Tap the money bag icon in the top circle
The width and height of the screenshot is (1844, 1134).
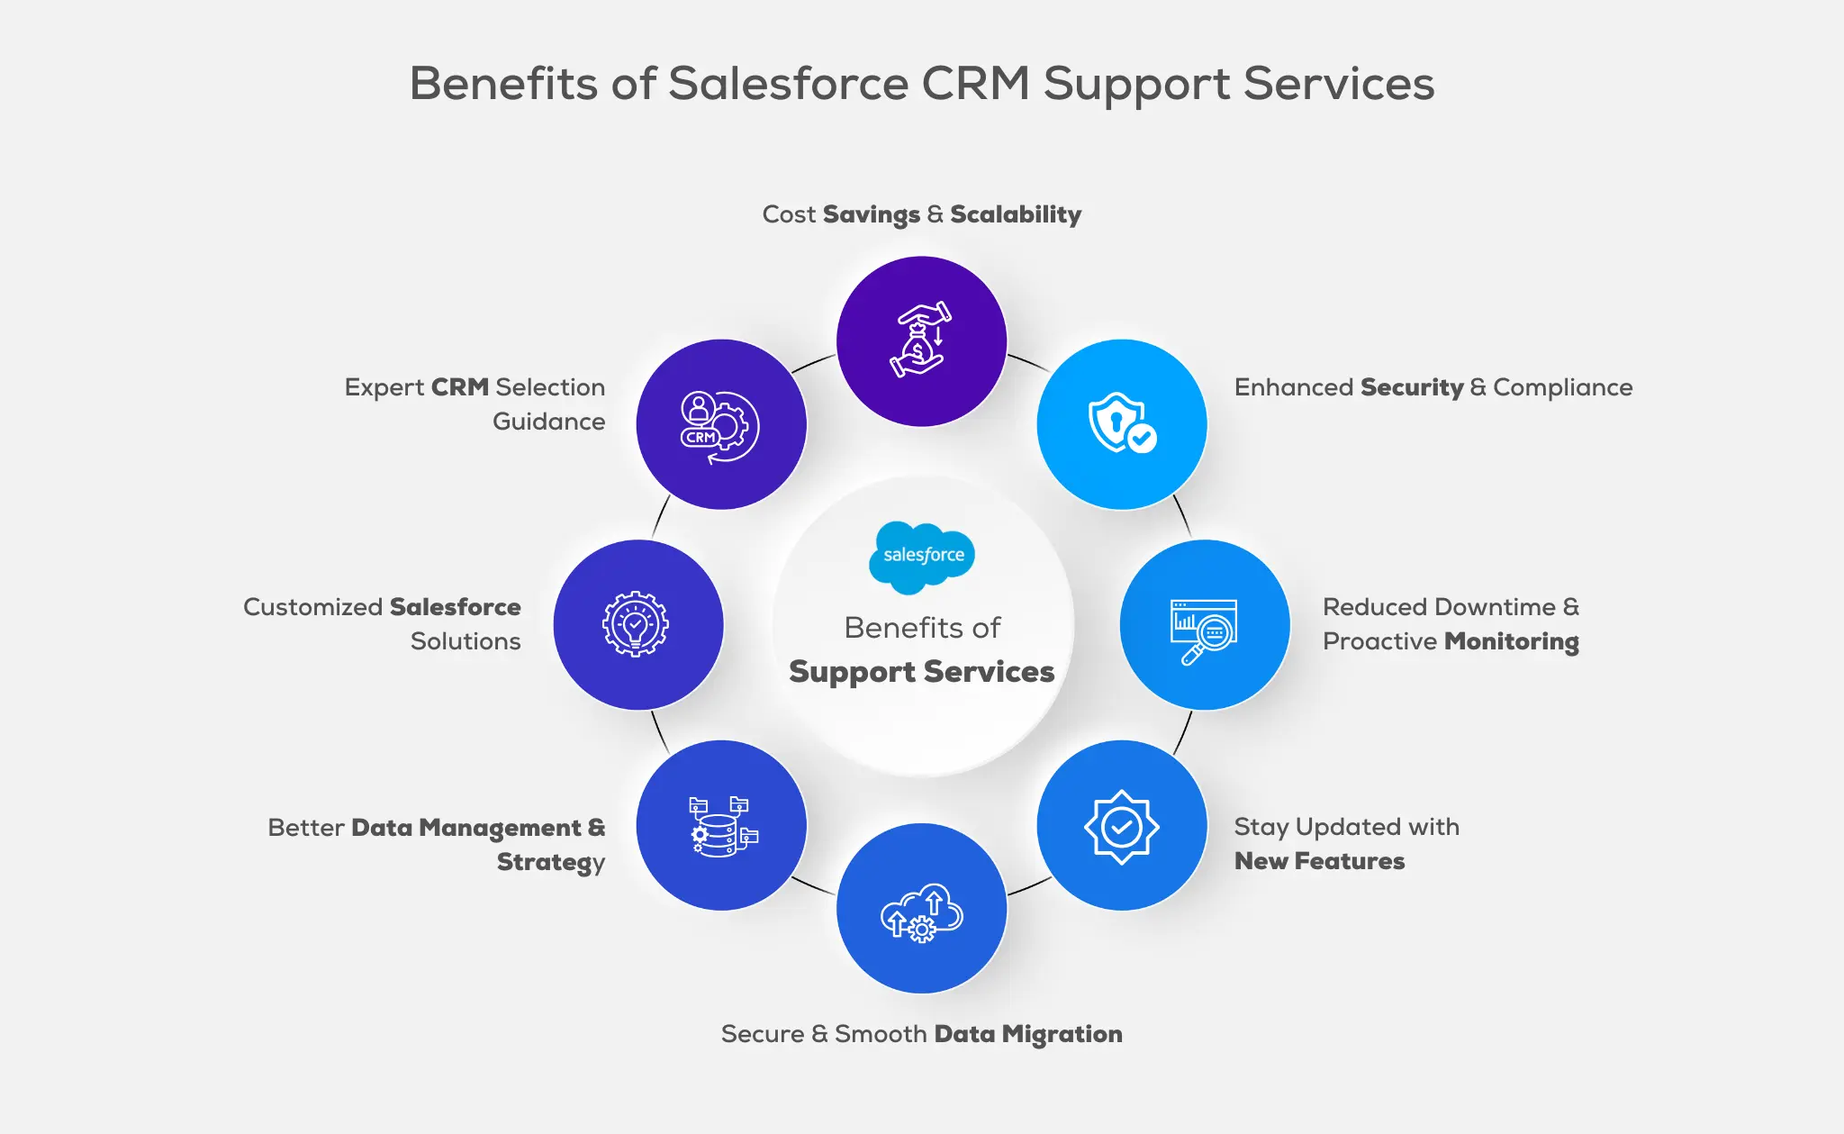920,340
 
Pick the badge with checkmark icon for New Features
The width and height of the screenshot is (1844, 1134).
1121,826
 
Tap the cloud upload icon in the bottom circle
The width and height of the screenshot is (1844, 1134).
922,912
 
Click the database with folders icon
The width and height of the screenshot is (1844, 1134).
722,826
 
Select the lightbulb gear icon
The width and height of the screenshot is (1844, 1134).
636,624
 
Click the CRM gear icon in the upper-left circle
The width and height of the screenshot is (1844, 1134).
719,427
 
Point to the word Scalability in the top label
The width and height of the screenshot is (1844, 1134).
1016,214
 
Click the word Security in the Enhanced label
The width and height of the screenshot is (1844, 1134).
1412,387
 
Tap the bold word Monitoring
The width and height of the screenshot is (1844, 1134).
1512,641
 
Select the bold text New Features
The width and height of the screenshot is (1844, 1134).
1319,861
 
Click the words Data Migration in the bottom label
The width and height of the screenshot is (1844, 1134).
1028,1034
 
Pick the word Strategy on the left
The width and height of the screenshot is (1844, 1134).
550,862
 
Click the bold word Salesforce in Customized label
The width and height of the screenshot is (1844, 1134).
456,607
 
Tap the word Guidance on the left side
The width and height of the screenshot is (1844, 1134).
548,422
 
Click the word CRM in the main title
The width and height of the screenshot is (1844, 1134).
976,84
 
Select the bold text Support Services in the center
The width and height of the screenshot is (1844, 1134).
921,672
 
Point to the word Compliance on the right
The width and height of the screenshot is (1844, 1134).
1562,387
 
